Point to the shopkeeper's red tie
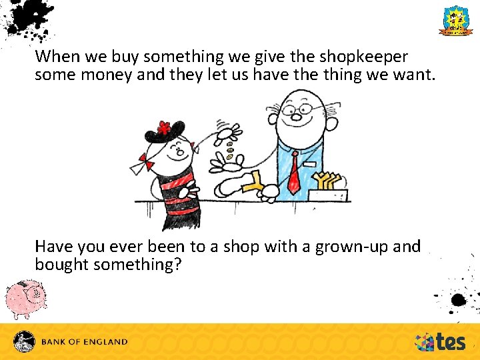[294, 174]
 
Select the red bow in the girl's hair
[143, 162]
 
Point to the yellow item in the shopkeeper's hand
[253, 183]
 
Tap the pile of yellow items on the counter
[329, 181]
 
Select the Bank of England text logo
[85, 342]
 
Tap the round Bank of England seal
[25, 341]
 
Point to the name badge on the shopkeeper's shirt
[310, 163]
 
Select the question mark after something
[177, 265]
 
